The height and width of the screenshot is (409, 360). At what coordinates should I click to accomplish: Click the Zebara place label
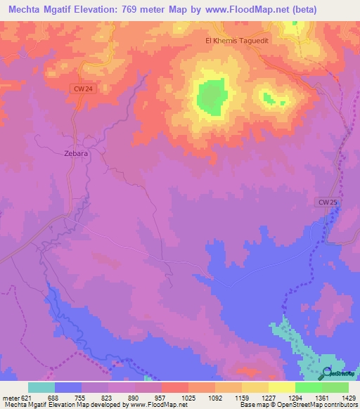click(x=76, y=152)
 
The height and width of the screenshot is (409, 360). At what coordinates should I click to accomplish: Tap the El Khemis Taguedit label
click(x=238, y=41)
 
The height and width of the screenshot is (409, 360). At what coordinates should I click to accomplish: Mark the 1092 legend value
click(x=217, y=397)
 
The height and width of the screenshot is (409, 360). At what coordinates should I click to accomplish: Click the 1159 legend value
click(x=243, y=397)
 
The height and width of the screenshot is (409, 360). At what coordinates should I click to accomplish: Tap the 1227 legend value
click(x=270, y=397)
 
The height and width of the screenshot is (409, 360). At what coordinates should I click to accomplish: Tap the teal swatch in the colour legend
click(x=41, y=387)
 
